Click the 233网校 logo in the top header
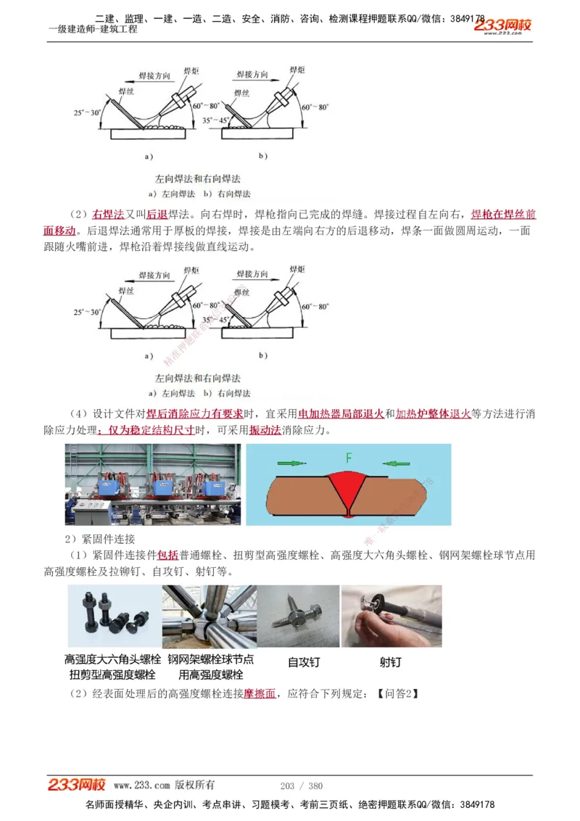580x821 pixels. click(x=503, y=25)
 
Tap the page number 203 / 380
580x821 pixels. click(x=301, y=785)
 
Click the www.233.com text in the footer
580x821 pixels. click(x=142, y=785)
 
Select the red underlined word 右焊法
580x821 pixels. click(x=108, y=215)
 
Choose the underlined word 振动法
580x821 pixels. click(x=265, y=430)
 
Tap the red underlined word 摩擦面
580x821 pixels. click(x=260, y=693)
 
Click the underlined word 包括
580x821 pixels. click(x=167, y=556)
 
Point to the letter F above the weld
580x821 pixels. click(x=349, y=458)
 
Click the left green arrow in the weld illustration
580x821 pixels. click(x=292, y=462)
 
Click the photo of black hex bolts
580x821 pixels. click(x=114, y=616)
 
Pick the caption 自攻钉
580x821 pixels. click(x=303, y=662)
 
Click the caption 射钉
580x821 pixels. click(x=390, y=662)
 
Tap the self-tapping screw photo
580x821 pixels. click(x=298, y=616)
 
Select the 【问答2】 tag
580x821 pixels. click(x=398, y=693)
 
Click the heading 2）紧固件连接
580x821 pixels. click(x=99, y=539)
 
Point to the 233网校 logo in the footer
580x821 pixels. click(x=77, y=785)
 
